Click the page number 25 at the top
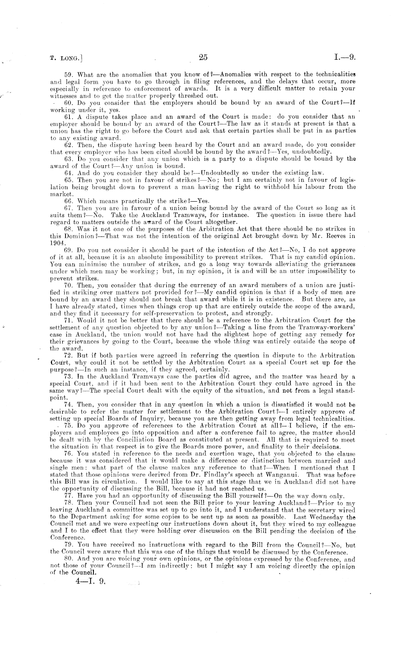click(203, 57)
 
